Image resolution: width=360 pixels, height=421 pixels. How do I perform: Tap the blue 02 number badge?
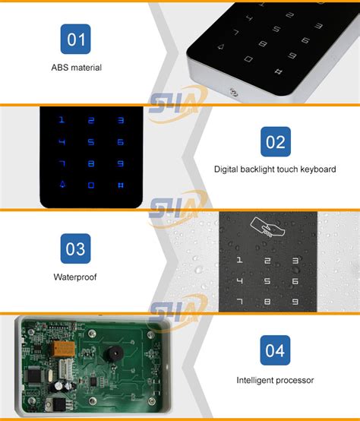tap(274, 141)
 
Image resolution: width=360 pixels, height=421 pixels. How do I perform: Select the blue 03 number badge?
tap(75, 248)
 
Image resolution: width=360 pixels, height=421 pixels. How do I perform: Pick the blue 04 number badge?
tap(275, 350)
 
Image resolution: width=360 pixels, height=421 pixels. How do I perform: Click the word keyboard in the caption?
tap(318, 169)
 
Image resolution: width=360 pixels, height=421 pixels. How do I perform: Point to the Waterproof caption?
tap(75, 277)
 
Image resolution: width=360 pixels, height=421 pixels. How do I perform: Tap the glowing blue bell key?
tap(63, 184)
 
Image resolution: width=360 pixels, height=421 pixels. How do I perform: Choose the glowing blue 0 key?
tap(91, 185)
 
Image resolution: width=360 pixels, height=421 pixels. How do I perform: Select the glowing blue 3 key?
tap(119, 119)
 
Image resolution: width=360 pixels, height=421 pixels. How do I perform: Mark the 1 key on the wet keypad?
tap(240, 261)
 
